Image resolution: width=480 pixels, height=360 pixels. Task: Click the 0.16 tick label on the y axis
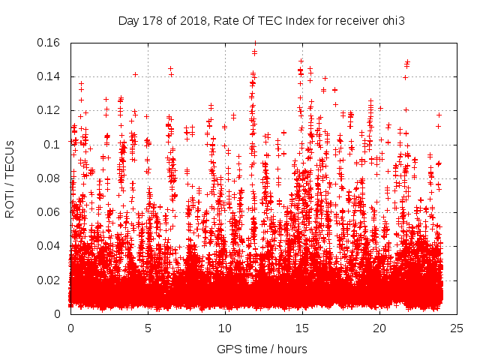(x=49, y=43)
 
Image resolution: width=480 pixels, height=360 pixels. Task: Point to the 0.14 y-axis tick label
(x=49, y=76)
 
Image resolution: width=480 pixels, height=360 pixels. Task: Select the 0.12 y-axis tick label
(x=49, y=110)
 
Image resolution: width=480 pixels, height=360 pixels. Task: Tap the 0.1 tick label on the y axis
(x=52, y=145)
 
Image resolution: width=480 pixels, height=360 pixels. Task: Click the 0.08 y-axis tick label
(x=49, y=178)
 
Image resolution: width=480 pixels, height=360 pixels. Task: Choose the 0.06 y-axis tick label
(x=49, y=212)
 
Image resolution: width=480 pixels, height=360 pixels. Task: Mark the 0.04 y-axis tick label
(x=49, y=246)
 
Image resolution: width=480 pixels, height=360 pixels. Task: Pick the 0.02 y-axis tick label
(x=49, y=280)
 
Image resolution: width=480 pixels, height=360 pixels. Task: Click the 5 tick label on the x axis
(x=148, y=328)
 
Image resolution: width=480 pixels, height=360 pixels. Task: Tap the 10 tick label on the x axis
(x=225, y=328)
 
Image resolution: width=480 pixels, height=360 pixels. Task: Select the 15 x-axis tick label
(x=302, y=328)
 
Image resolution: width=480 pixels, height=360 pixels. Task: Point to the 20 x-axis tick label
(x=379, y=328)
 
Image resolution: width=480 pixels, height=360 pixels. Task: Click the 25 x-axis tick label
(x=457, y=328)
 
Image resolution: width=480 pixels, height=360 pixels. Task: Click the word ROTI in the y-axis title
(x=10, y=204)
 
